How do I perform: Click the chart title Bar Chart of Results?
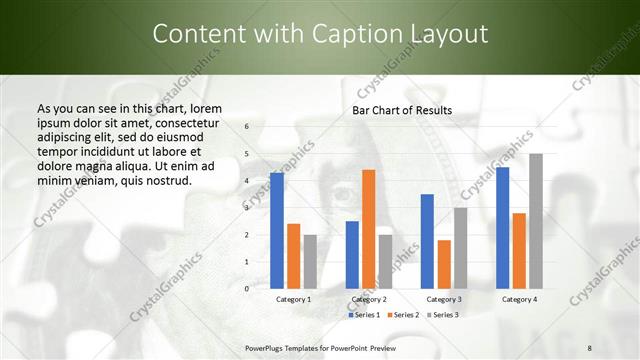(x=402, y=110)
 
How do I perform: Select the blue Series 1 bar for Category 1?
(x=277, y=231)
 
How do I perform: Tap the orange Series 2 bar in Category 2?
(x=368, y=229)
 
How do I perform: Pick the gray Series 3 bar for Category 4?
(x=535, y=221)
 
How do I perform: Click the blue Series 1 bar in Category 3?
(x=427, y=241)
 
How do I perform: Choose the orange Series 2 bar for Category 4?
(x=519, y=251)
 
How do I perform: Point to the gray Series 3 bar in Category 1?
(x=310, y=262)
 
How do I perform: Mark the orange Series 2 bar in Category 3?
(x=444, y=264)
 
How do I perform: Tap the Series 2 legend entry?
(x=404, y=315)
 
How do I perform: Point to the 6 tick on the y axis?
(x=247, y=127)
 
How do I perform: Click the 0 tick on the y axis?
(x=247, y=289)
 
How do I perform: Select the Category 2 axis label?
(x=368, y=299)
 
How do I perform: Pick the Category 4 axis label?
(x=519, y=299)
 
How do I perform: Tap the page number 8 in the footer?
(x=589, y=347)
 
